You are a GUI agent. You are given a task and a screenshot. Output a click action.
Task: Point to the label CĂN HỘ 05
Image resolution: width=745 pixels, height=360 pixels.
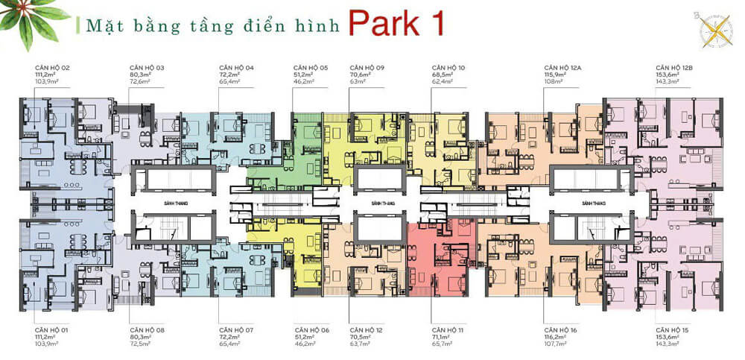pos(311,67)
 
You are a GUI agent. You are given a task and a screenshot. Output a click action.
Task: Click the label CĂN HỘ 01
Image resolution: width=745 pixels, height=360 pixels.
pos(51,329)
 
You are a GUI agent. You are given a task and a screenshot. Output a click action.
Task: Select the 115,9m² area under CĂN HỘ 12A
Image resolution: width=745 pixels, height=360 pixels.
pos(556,75)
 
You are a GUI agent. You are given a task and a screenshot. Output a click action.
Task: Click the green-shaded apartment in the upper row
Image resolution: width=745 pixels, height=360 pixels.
pos(307,149)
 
